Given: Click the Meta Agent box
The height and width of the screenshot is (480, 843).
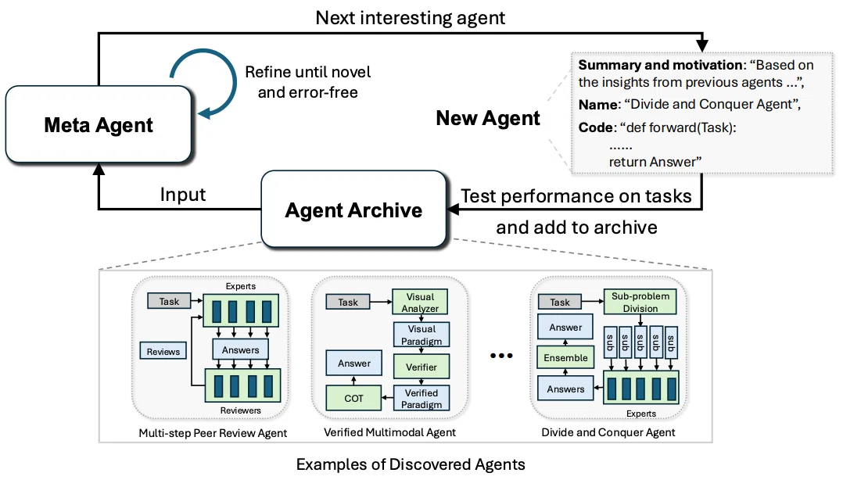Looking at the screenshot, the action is tap(99, 124).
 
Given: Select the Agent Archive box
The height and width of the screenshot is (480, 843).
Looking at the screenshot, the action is tap(353, 209).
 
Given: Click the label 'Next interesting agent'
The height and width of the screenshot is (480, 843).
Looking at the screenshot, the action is tap(411, 18).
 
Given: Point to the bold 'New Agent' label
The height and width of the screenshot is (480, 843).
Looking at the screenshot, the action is tap(488, 118).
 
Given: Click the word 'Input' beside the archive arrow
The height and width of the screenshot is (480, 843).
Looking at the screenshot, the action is tap(183, 194).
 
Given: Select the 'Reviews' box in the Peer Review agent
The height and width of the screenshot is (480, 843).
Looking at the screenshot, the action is tap(163, 352).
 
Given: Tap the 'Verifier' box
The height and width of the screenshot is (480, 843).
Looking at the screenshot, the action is tap(421, 367).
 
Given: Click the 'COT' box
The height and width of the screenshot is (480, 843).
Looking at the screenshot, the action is tap(353, 398).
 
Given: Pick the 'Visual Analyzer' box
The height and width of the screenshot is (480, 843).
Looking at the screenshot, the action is tap(420, 302).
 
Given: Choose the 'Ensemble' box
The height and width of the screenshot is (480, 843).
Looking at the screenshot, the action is tap(565, 357).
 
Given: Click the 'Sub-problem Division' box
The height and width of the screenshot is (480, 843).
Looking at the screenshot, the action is tap(640, 302).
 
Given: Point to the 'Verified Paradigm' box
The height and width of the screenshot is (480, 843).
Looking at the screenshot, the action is tap(421, 398).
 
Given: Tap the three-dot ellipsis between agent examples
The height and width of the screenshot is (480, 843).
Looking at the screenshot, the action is tap(501, 355).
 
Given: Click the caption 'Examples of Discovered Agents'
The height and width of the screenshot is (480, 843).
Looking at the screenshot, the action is tap(411, 464).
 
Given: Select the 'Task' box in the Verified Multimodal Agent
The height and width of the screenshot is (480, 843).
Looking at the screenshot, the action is tap(348, 302).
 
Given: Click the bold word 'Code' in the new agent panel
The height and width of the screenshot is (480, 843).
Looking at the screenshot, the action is tap(595, 127).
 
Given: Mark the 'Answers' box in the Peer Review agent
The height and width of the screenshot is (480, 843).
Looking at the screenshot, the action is tap(240, 350).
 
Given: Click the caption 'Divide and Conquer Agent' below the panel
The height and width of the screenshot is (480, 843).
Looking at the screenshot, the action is tap(608, 432).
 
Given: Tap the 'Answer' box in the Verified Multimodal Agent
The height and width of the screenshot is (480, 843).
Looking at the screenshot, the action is tap(353, 363).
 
